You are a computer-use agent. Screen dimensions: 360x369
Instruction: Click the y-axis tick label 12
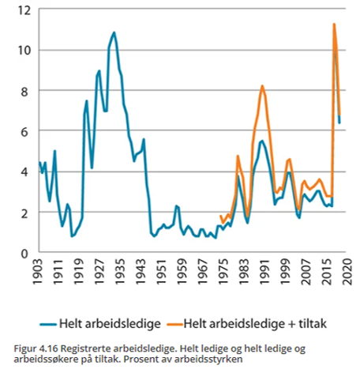[24, 10]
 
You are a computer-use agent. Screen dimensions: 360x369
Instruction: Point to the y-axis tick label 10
[24, 50]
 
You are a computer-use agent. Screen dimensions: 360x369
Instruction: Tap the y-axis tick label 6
[24, 132]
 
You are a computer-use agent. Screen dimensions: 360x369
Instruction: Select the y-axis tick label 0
[24, 254]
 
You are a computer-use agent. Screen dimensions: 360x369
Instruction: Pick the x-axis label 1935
[120, 272]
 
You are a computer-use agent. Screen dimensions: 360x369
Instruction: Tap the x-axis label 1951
[161, 272]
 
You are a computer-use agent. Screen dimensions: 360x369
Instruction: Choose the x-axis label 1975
[223, 272]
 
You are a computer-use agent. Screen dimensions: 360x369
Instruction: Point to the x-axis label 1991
[264, 272]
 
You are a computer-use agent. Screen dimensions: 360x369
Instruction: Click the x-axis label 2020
[347, 272]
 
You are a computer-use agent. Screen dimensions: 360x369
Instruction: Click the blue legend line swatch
[48, 324]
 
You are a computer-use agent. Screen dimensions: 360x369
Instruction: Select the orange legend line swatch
[174, 324]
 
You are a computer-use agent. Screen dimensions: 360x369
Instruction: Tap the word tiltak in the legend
[313, 323]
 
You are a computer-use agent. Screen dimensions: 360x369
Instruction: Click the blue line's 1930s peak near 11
[114, 32]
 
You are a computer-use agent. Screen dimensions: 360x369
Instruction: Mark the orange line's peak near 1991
[262, 86]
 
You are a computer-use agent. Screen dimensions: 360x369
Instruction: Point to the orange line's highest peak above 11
[334, 24]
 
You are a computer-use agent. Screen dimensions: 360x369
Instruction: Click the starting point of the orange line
[220, 216]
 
